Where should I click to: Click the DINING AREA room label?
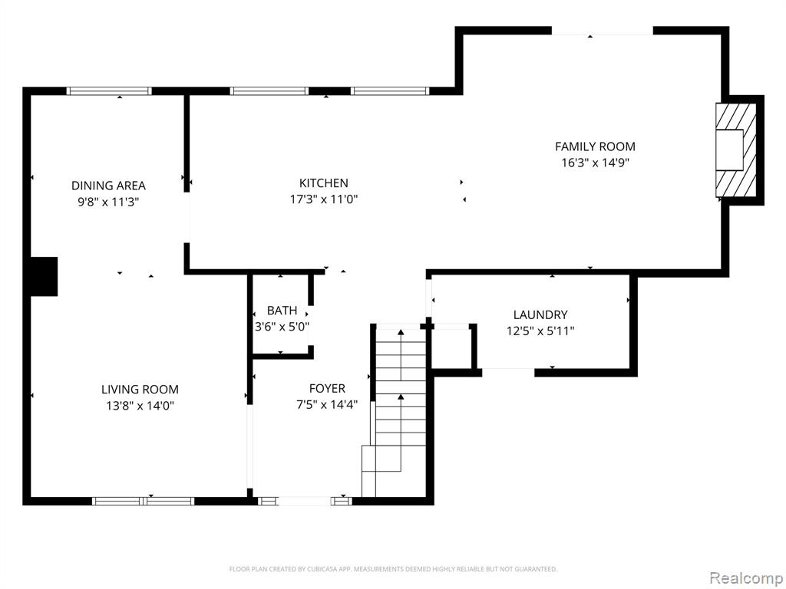(108, 186)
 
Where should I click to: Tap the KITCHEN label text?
(324, 183)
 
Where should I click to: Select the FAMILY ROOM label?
(595, 146)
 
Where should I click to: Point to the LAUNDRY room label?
(540, 315)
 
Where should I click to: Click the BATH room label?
(282, 311)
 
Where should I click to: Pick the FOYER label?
(327, 389)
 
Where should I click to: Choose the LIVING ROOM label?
(140, 390)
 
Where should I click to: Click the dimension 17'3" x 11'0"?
(324, 199)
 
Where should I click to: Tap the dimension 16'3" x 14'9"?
(595, 163)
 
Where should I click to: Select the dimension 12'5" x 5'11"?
(540, 331)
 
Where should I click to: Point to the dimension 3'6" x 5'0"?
(282, 327)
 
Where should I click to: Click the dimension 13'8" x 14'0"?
(140, 406)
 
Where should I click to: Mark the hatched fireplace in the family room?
(736, 150)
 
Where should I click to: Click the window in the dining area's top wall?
(109, 91)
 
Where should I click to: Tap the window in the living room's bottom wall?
(144, 501)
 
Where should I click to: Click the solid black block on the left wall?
(44, 276)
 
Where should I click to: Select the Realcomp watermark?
(746, 577)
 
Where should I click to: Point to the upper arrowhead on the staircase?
(401, 332)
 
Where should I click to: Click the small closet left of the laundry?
(451, 349)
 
